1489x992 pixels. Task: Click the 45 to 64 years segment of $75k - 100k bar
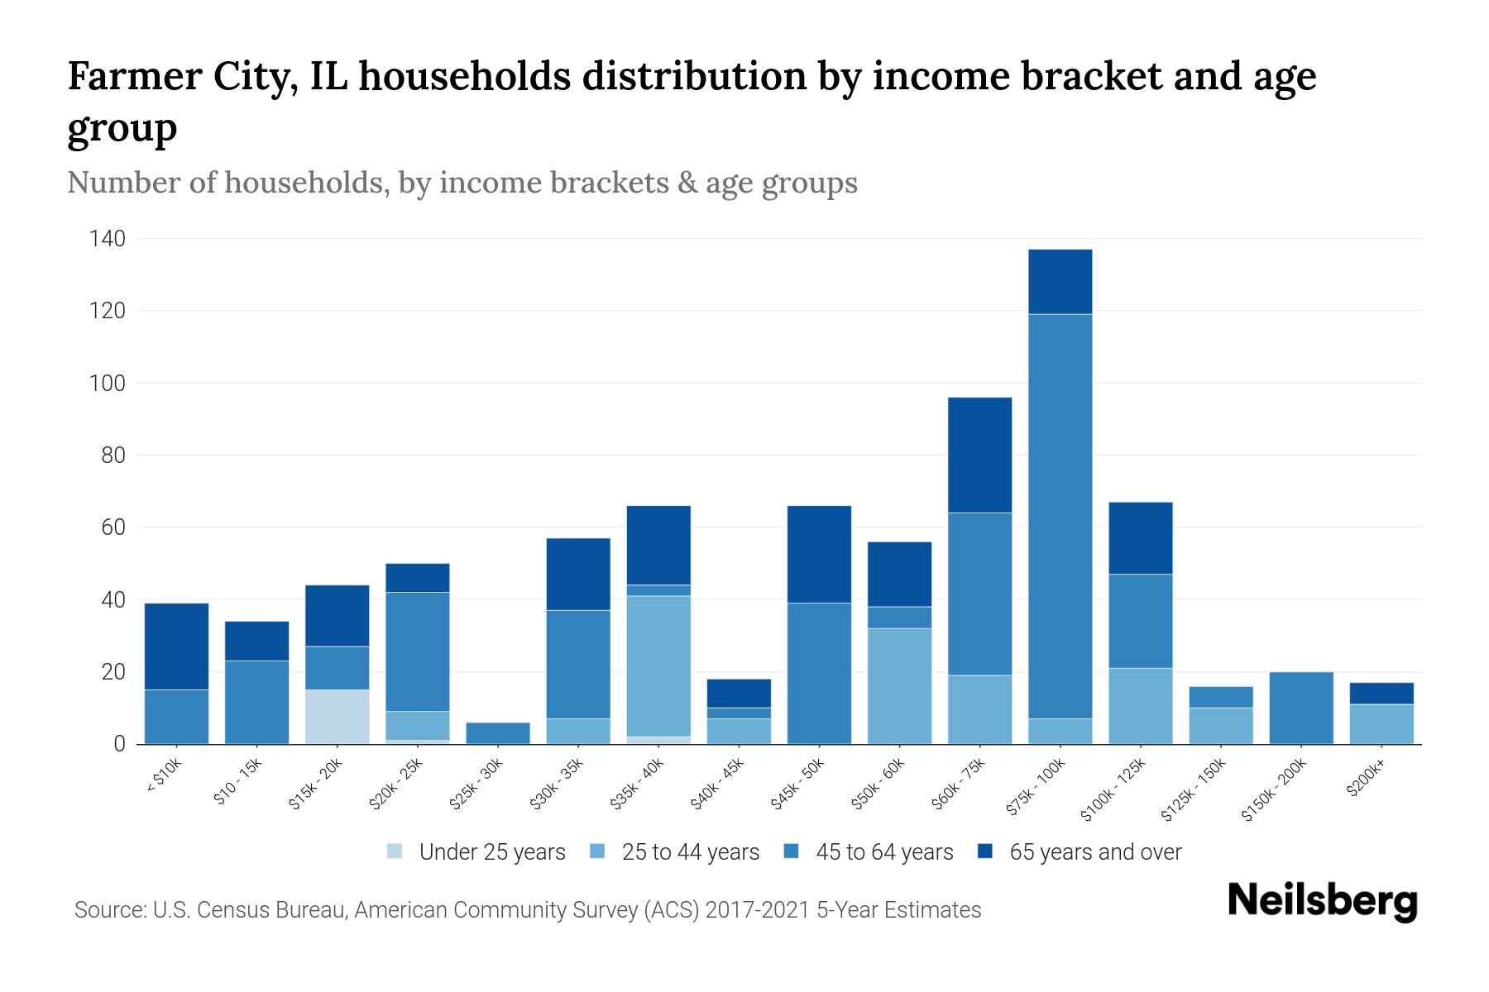(1060, 516)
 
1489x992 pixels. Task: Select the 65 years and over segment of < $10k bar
(176, 646)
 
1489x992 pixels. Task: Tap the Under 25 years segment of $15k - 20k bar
(337, 716)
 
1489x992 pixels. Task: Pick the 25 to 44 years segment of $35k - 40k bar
(658, 665)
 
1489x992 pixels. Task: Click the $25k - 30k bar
(498, 732)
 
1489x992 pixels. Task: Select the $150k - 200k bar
(1300, 708)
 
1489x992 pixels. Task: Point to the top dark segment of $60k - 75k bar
(979, 455)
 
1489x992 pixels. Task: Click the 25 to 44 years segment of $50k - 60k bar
(899, 685)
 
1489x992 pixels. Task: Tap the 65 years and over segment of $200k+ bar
(1381, 693)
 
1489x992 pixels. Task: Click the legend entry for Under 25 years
(491, 852)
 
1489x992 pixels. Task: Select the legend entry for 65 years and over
(1094, 852)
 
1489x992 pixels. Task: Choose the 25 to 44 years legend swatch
(598, 851)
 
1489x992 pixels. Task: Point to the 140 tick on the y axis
(108, 240)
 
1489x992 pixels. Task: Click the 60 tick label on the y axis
(113, 527)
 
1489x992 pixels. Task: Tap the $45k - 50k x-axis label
(797, 784)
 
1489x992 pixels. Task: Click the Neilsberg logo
(1322, 900)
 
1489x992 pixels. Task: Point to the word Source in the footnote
(108, 910)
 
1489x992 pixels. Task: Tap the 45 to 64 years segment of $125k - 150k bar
(1220, 697)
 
